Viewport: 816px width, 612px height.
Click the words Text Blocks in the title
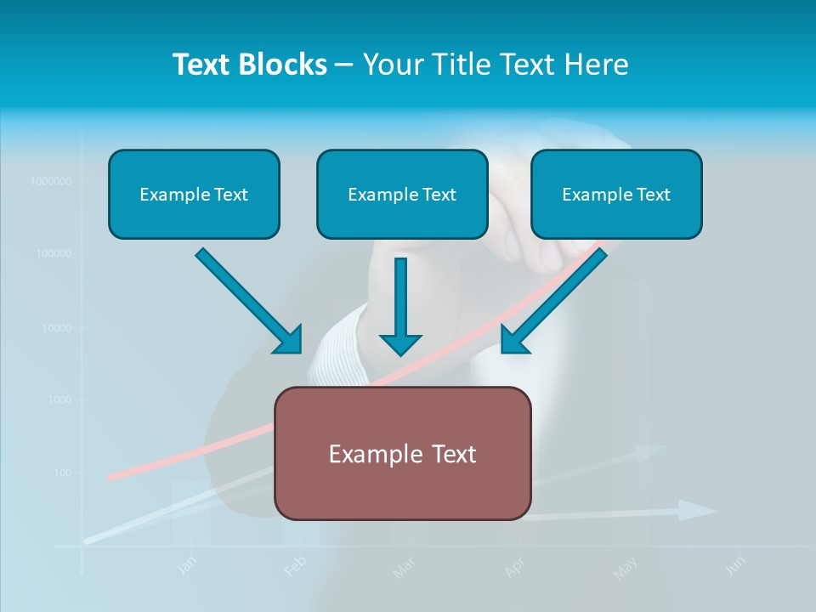click(249, 65)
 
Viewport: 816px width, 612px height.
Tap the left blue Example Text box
click(194, 195)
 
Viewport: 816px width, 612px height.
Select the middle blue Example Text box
click(402, 195)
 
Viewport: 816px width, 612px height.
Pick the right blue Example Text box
click(616, 195)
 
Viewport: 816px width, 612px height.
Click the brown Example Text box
click(402, 454)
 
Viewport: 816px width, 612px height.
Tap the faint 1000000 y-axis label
click(50, 181)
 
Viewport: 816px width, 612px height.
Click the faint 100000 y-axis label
click(54, 254)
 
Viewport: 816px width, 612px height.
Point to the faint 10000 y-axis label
click(56, 328)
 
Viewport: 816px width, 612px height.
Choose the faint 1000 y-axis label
click(59, 400)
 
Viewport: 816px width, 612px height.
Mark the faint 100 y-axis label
click(62, 473)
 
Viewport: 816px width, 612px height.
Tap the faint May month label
click(626, 567)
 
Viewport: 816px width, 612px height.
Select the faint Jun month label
click(736, 564)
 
